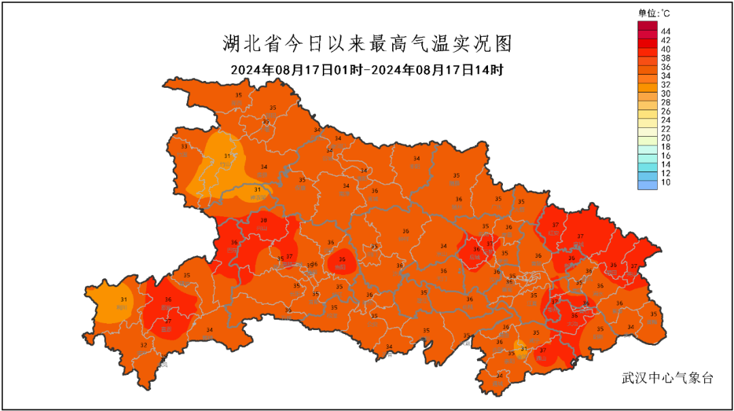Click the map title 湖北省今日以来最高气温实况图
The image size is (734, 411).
(366, 44)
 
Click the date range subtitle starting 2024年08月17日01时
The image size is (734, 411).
(366, 70)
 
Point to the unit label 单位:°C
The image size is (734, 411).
(654, 13)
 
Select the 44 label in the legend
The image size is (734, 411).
(665, 31)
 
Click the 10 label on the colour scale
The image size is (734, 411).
(665, 182)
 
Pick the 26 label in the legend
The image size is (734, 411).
(665, 111)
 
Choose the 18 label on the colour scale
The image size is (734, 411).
(665, 146)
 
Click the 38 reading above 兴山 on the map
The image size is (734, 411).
(264, 220)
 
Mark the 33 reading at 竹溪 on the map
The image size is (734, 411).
(184, 146)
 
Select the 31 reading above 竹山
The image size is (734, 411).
(227, 157)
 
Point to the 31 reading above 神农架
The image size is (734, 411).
(257, 190)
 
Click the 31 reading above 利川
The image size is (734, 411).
(124, 299)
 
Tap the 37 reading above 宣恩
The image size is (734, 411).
(168, 322)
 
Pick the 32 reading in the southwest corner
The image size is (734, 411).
(143, 346)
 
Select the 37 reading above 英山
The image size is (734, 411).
(634, 266)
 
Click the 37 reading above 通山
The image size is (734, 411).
(542, 350)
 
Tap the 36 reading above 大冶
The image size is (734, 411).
(574, 316)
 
